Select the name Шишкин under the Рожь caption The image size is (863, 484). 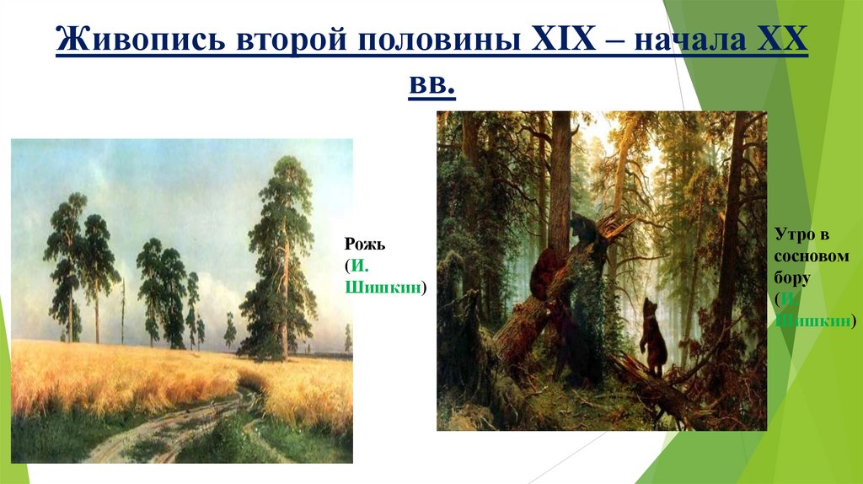point(385,288)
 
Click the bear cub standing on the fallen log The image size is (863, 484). point(651,337)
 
